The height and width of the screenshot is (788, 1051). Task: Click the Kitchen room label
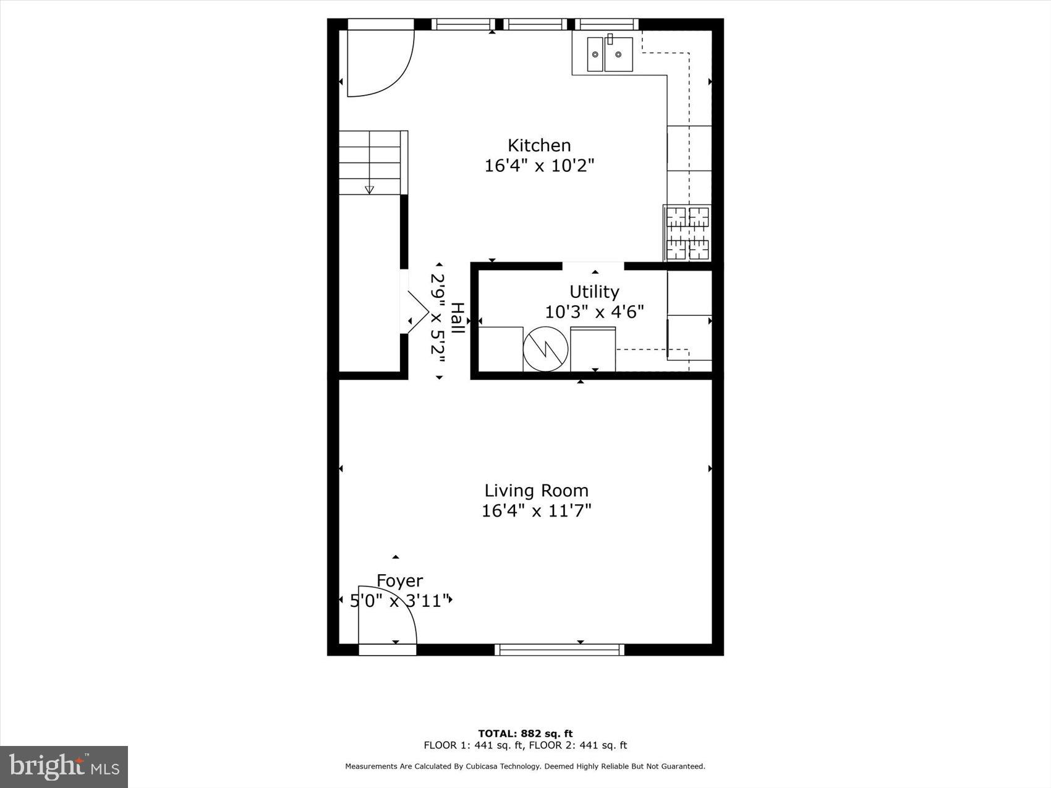coord(539,145)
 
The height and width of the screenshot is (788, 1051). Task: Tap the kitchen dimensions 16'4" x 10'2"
coord(539,166)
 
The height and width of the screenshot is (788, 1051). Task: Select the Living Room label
coord(536,491)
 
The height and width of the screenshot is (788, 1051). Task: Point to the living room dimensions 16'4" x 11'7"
coord(536,511)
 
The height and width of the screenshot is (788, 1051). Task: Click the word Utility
coord(594,292)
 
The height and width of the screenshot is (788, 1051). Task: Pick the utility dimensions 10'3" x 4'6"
coord(594,312)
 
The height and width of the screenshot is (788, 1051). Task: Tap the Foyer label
coord(400,581)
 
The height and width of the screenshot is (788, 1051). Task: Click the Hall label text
coord(457,319)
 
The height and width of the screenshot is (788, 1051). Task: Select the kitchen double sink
coord(610,54)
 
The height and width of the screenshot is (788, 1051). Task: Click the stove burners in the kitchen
coord(687,234)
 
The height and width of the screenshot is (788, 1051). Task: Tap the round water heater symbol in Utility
coord(545,349)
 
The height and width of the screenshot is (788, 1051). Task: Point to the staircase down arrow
coord(370,189)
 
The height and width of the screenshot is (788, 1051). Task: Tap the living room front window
coord(560,650)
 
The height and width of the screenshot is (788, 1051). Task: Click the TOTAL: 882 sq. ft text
coord(525,734)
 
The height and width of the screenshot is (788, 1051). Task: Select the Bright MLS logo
coord(64,767)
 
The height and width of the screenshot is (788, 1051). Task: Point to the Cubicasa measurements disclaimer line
coord(525,766)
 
